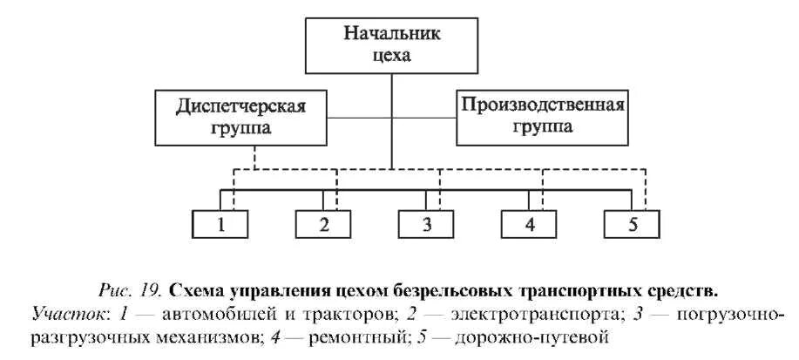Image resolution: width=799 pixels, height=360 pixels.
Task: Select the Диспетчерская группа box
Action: tap(245, 116)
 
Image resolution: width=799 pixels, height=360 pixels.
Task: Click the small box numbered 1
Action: tap(220, 224)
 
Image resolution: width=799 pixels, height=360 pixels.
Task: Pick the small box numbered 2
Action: tap(323, 224)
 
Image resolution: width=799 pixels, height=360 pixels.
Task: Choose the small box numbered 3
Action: tap(426, 224)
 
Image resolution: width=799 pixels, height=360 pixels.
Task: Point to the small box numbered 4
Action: tap(529, 224)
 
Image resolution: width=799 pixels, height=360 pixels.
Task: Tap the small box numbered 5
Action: tap(632, 224)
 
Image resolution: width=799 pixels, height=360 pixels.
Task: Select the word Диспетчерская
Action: tap(245, 106)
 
